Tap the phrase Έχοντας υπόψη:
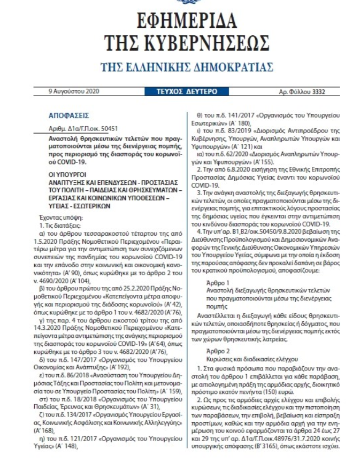click(x=66, y=218)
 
